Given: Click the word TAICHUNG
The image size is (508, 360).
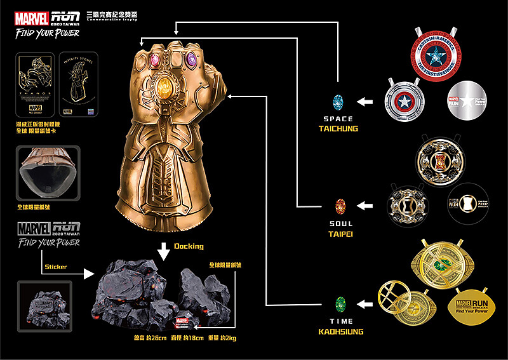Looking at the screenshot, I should [338, 129].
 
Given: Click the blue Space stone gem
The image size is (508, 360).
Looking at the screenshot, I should [338, 101].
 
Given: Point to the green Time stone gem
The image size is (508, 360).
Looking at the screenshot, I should [340, 303].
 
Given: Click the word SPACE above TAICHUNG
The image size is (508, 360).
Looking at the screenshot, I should [338, 119].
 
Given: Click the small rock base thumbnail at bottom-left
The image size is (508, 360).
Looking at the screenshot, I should [44, 305].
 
